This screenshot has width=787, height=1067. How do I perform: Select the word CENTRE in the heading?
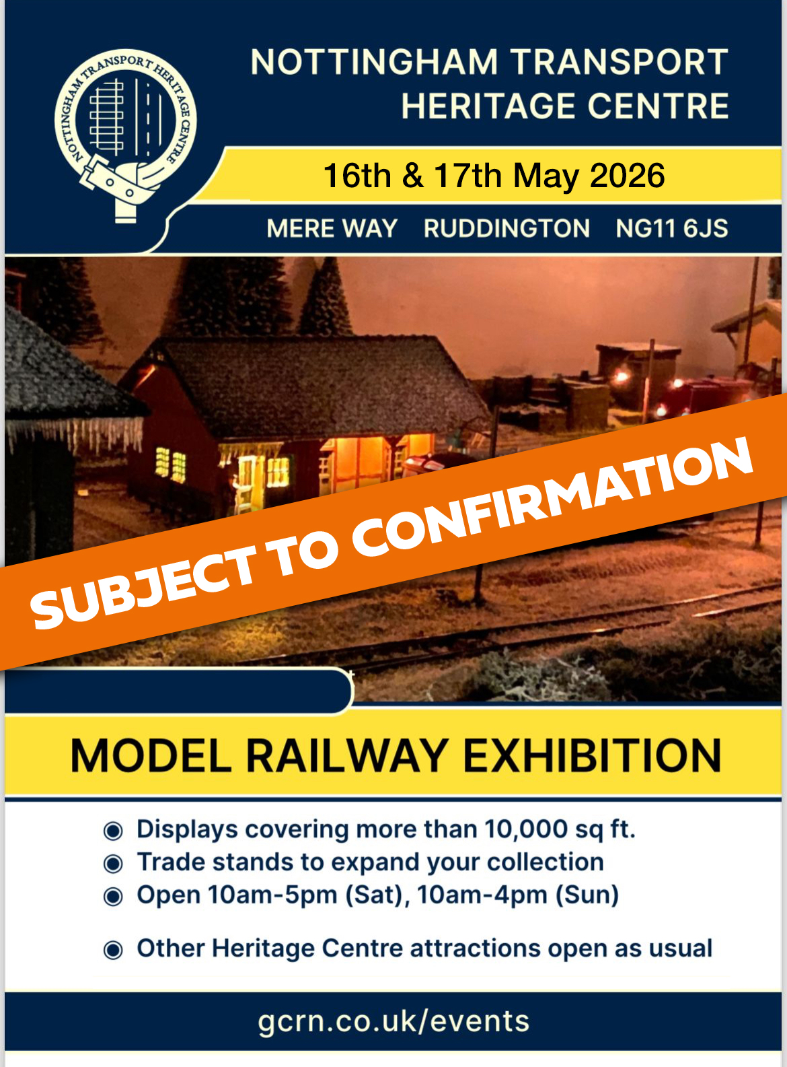click(x=658, y=106)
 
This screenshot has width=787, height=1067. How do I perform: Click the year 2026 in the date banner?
click(x=627, y=175)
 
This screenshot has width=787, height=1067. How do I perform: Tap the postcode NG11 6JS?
click(x=671, y=228)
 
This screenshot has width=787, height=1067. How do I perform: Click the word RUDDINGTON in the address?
click(x=507, y=228)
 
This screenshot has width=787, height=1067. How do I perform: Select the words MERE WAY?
click(x=332, y=228)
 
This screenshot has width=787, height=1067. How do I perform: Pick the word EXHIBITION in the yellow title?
click(x=592, y=755)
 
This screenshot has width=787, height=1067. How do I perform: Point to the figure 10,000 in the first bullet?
click(x=526, y=829)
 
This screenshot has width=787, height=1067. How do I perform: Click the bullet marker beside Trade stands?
click(x=114, y=864)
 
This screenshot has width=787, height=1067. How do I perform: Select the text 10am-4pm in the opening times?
click(x=482, y=895)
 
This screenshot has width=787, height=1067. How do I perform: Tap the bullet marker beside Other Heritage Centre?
click(x=114, y=950)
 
